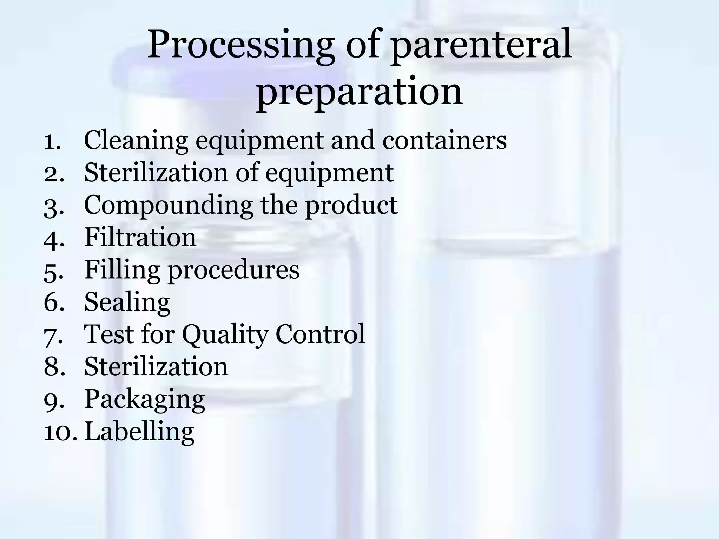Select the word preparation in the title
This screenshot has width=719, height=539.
coord(359,92)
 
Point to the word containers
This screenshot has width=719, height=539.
coord(444,140)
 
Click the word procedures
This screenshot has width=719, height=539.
coord(233,271)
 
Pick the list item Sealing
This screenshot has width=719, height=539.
coord(127,302)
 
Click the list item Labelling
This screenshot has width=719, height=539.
coord(139,432)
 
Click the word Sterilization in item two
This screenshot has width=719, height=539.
coord(156,173)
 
